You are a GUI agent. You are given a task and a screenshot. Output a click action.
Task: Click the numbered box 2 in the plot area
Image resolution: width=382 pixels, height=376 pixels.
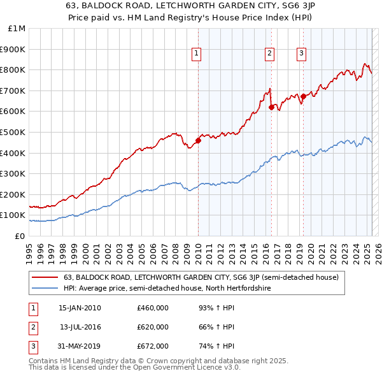(x=270, y=54)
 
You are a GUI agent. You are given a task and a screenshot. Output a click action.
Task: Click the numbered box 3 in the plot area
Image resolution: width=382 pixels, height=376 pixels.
(x=301, y=54)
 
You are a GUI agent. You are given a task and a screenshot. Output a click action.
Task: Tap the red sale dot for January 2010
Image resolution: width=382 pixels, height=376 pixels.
(x=198, y=141)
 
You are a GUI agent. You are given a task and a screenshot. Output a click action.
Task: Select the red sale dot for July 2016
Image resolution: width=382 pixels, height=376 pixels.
(x=271, y=107)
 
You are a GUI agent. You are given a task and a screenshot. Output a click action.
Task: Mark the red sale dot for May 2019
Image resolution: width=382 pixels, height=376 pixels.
(x=304, y=96)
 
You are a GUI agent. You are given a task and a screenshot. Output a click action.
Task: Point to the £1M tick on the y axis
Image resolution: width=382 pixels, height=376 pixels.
(x=17, y=29)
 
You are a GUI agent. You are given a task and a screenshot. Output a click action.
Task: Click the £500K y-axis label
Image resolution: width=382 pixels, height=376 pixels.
(x=13, y=132)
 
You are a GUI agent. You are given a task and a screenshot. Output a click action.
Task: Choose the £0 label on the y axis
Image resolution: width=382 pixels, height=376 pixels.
(x=20, y=236)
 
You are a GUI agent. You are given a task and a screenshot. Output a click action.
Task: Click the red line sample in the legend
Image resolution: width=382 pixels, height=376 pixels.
(x=44, y=278)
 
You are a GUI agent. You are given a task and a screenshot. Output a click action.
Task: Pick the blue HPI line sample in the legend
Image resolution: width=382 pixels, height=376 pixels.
(x=44, y=289)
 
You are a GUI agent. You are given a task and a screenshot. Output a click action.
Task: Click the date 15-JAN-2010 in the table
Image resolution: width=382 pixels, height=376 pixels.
(x=79, y=308)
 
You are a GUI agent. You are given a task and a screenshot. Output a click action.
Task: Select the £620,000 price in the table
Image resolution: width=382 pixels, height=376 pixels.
(x=153, y=327)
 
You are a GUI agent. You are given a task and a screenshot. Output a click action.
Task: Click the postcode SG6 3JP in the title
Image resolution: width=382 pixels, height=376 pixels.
(x=299, y=4)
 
